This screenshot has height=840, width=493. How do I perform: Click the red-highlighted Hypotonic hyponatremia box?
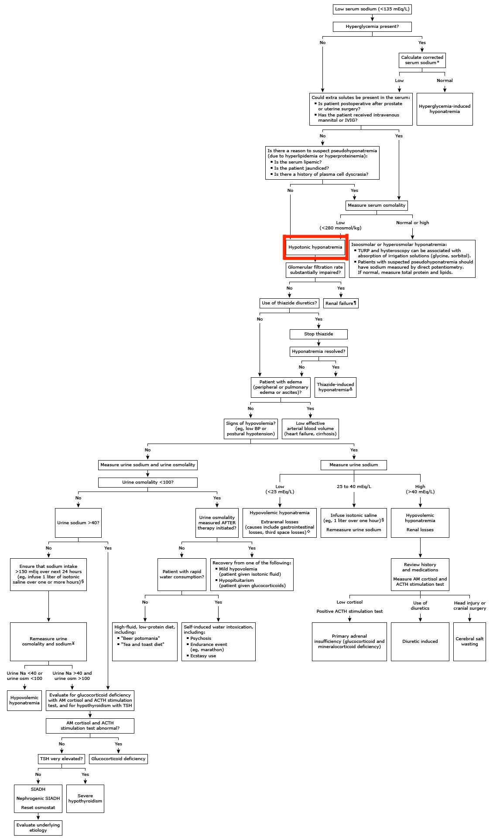[315, 247]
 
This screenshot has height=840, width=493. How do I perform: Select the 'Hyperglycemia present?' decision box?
[372, 27]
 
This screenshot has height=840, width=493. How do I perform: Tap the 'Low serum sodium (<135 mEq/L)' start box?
[372, 9]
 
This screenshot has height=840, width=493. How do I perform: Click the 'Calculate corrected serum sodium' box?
[422, 60]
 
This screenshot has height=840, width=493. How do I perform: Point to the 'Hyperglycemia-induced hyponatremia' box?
[444, 109]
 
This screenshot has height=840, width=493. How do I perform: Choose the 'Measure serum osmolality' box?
[377, 205]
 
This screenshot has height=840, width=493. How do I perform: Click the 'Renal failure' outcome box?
[341, 303]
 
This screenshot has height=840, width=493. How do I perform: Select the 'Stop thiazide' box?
[318, 334]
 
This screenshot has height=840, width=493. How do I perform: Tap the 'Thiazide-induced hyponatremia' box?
[335, 387]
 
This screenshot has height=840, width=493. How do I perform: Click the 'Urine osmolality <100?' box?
[147, 482]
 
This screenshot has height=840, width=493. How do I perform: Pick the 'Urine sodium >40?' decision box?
[78, 522]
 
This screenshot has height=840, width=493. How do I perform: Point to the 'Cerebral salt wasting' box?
[469, 641]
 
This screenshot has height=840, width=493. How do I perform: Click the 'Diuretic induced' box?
[420, 641]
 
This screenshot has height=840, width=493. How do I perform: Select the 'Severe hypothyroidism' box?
[85, 798]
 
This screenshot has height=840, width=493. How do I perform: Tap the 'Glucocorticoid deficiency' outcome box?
[118, 758]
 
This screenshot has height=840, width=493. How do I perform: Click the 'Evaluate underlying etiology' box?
[38, 827]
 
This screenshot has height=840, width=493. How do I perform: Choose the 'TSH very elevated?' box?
[62, 758]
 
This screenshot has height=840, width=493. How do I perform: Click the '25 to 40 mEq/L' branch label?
[354, 486]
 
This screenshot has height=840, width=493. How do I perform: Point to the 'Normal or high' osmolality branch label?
[412, 223]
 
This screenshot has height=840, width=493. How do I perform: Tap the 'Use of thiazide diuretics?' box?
[289, 303]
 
